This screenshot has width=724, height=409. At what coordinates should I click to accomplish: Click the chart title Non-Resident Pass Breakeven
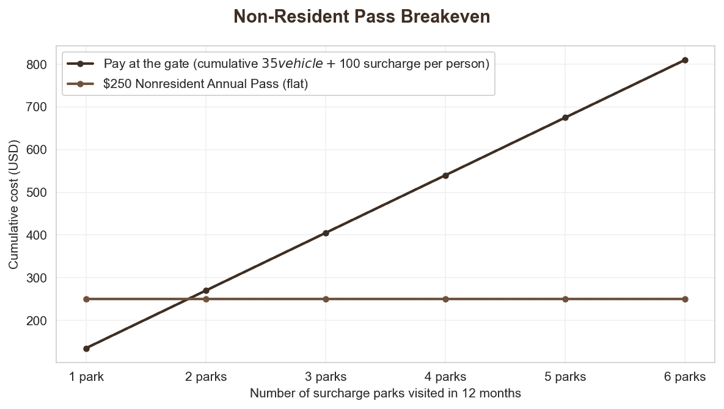362,17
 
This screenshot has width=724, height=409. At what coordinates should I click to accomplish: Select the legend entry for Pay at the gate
296,64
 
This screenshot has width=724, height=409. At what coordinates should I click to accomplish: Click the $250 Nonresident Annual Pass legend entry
205,84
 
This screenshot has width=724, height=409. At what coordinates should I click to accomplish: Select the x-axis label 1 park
86,377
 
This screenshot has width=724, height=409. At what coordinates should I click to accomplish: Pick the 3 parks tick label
326,377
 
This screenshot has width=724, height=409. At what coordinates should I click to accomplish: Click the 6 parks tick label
685,377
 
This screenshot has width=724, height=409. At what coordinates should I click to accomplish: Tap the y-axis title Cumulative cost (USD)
13,205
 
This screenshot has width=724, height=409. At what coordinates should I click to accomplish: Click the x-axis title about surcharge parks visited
386,393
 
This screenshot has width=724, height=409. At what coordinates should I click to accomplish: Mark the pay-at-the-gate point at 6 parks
685,60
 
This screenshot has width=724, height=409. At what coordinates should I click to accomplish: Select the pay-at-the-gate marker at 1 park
86,348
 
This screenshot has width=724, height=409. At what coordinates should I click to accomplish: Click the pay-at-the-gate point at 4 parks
445,175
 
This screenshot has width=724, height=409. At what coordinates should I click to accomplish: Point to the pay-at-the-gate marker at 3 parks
326,233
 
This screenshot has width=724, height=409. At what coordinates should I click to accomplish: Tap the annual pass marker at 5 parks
565,299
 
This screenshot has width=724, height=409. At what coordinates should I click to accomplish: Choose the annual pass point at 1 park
86,299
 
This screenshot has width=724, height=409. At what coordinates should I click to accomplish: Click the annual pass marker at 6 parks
685,299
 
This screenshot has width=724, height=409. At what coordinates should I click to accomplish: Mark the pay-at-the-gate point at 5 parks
565,117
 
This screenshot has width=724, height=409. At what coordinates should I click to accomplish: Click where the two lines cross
188,299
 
